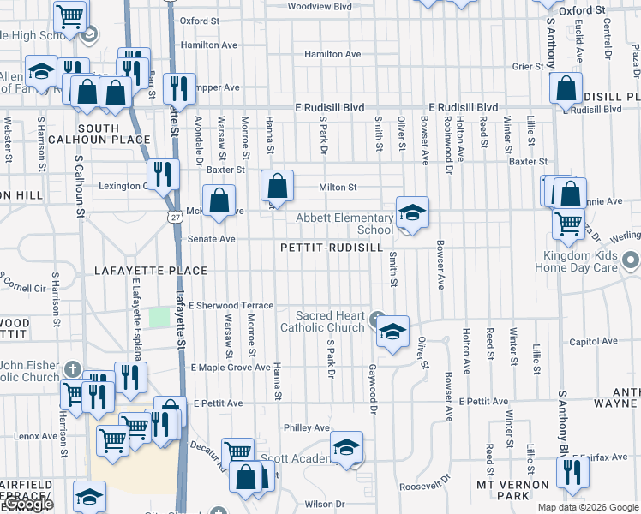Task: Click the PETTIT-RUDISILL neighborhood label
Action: click(x=330, y=247)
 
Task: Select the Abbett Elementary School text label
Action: click(x=344, y=224)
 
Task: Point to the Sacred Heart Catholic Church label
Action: click(x=322, y=321)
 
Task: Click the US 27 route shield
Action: click(x=175, y=218)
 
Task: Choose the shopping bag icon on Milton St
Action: click(x=277, y=184)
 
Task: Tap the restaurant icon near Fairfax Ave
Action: click(x=572, y=472)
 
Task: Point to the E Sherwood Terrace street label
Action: click(x=231, y=306)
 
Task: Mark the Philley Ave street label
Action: click(x=307, y=427)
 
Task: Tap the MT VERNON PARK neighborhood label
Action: click(x=512, y=490)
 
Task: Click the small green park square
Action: click(x=159, y=317)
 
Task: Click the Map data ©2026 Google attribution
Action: click(x=587, y=507)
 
